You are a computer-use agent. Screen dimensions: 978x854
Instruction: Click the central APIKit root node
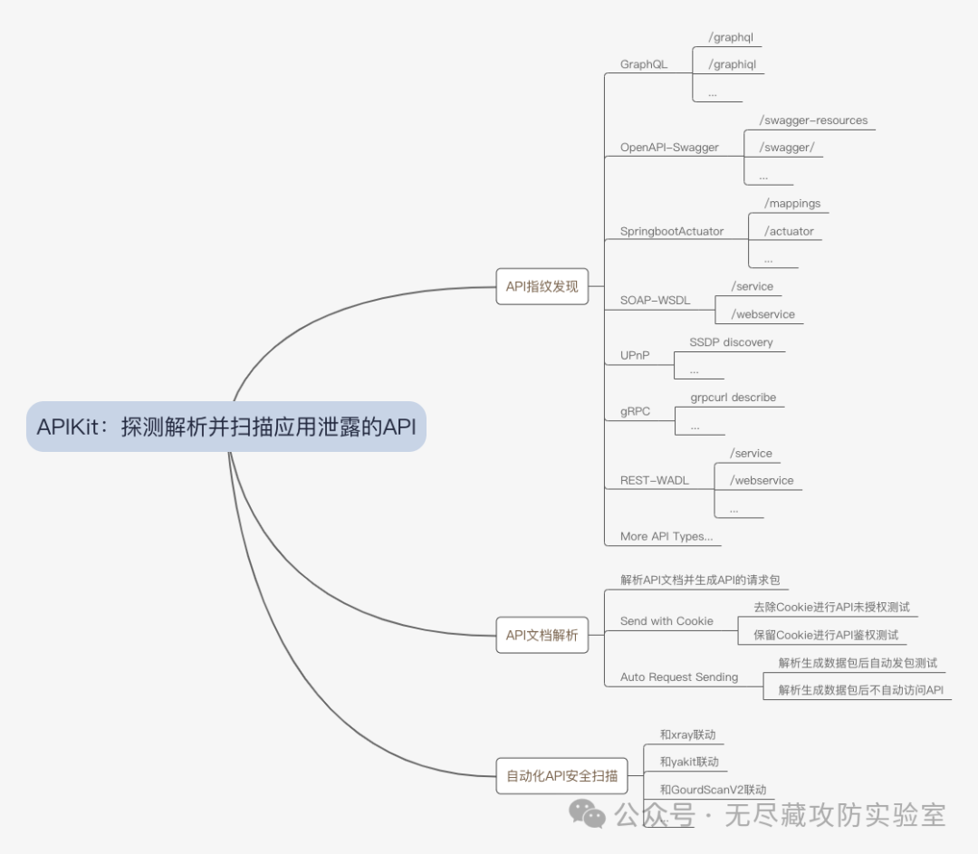click(x=226, y=427)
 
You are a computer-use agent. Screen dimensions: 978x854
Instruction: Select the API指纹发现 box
click(x=542, y=286)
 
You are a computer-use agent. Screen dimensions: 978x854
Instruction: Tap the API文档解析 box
click(x=542, y=635)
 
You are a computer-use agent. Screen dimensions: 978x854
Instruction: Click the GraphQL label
click(x=644, y=64)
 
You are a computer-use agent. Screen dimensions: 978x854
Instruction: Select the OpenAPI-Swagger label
click(x=669, y=148)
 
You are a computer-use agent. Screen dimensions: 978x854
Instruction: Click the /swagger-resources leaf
click(x=813, y=120)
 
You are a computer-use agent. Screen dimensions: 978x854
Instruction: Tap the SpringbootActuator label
click(x=672, y=231)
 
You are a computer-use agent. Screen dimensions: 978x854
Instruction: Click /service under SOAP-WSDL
click(x=752, y=286)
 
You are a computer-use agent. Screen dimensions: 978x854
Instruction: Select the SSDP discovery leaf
click(x=731, y=342)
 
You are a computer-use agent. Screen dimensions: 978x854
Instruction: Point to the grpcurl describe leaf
click(x=733, y=398)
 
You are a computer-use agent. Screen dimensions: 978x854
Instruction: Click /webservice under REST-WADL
click(x=762, y=481)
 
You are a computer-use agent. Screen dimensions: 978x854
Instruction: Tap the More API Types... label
click(x=666, y=536)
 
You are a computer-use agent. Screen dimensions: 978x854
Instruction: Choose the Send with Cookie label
click(x=666, y=621)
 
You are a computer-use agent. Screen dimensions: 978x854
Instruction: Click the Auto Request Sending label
click(x=679, y=676)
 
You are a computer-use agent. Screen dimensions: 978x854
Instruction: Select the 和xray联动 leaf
click(x=687, y=734)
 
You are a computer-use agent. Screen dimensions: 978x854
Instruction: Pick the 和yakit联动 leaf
click(x=689, y=762)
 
